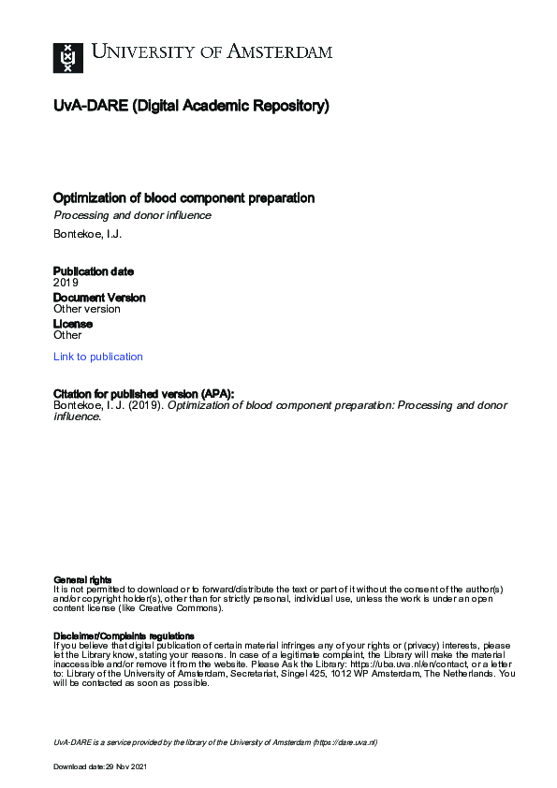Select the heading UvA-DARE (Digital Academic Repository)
click(x=191, y=107)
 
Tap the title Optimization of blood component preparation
click(x=183, y=198)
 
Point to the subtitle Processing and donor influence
click(x=132, y=215)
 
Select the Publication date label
click(x=94, y=271)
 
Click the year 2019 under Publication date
click(x=66, y=282)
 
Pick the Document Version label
click(x=99, y=298)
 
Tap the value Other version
click(x=87, y=309)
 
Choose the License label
click(x=73, y=324)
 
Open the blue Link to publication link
click(x=98, y=357)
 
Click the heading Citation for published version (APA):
click(x=143, y=394)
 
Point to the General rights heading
click(x=83, y=580)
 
